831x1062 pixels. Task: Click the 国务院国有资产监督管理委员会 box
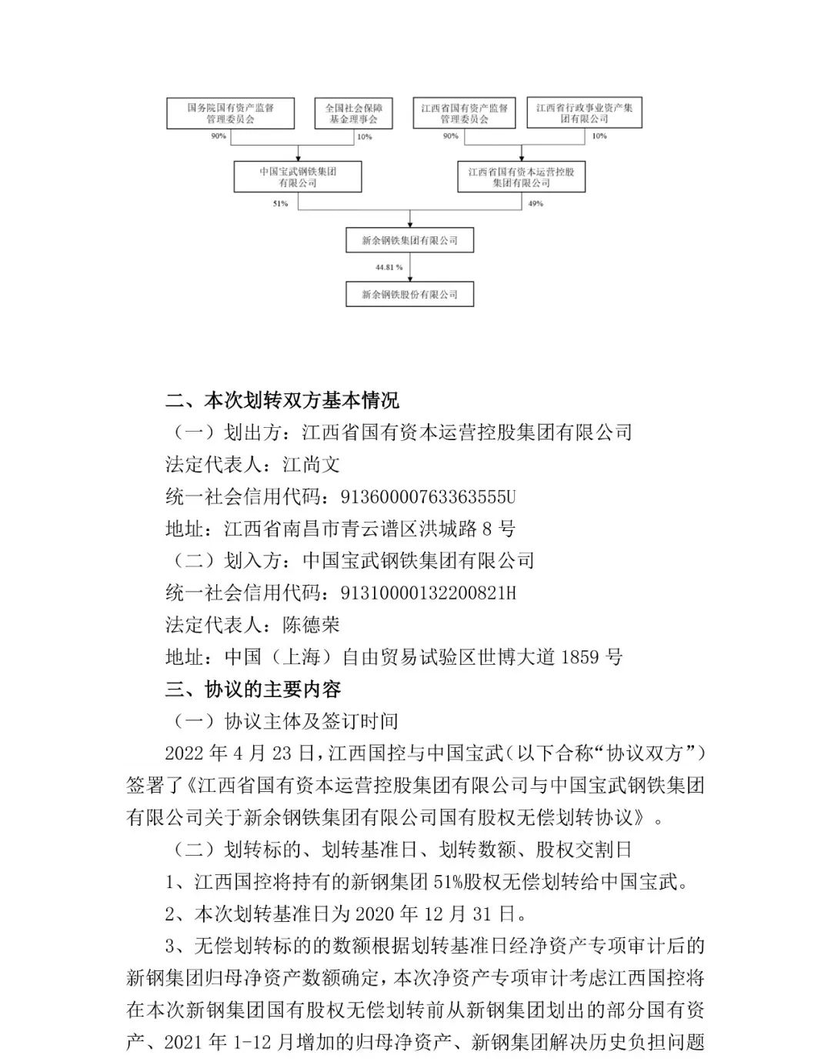pos(230,113)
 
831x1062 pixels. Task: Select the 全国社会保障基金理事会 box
pos(353,113)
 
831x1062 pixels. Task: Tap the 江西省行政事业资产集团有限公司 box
pos(584,113)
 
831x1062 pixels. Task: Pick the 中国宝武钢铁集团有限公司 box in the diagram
pos(297,177)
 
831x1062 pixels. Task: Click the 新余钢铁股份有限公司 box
pos(409,294)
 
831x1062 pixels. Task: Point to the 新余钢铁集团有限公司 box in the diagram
pos(409,240)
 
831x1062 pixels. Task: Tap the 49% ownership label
pos(536,204)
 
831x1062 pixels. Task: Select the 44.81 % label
pos(389,267)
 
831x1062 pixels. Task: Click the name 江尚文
pos(312,464)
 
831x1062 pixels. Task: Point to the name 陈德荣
pos(312,625)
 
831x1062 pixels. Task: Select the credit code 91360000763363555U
pos(428,496)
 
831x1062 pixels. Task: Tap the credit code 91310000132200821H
pos(428,593)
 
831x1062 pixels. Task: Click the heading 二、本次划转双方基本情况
pos(282,400)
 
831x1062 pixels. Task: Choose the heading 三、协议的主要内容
pos(253,689)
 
